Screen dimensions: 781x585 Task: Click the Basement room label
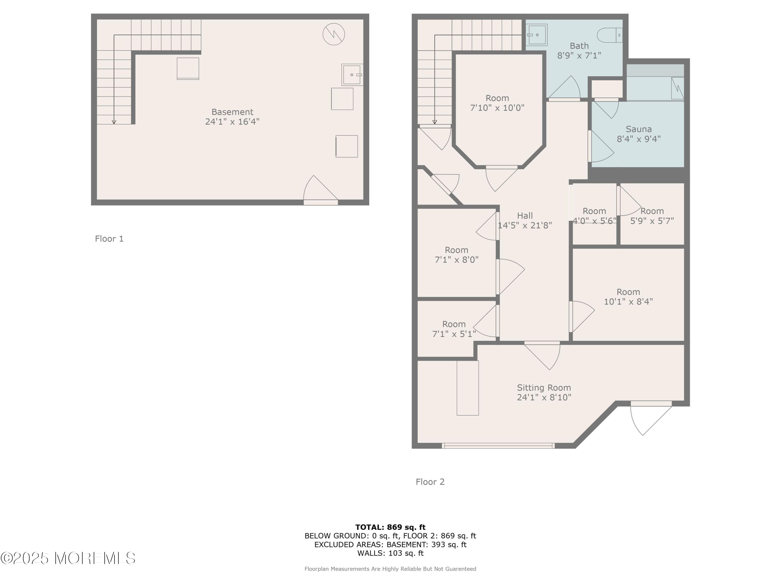click(x=232, y=112)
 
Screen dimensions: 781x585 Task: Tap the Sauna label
click(x=639, y=129)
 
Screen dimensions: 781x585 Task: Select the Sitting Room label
click(x=544, y=388)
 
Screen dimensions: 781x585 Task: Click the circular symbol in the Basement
click(x=334, y=34)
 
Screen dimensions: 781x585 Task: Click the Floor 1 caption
click(x=109, y=239)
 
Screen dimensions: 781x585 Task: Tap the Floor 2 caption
click(x=430, y=482)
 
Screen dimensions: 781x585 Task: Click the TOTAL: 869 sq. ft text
click(x=391, y=527)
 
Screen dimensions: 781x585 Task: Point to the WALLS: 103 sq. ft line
click(x=391, y=553)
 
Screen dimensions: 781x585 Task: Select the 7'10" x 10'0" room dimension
click(x=497, y=108)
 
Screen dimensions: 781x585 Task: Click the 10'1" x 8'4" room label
click(x=628, y=297)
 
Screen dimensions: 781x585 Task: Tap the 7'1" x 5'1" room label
click(x=454, y=329)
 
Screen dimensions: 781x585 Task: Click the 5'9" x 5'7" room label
click(x=652, y=216)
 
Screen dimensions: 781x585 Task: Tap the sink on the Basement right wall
click(x=352, y=75)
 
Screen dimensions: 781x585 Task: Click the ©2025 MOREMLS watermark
click(x=68, y=558)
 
